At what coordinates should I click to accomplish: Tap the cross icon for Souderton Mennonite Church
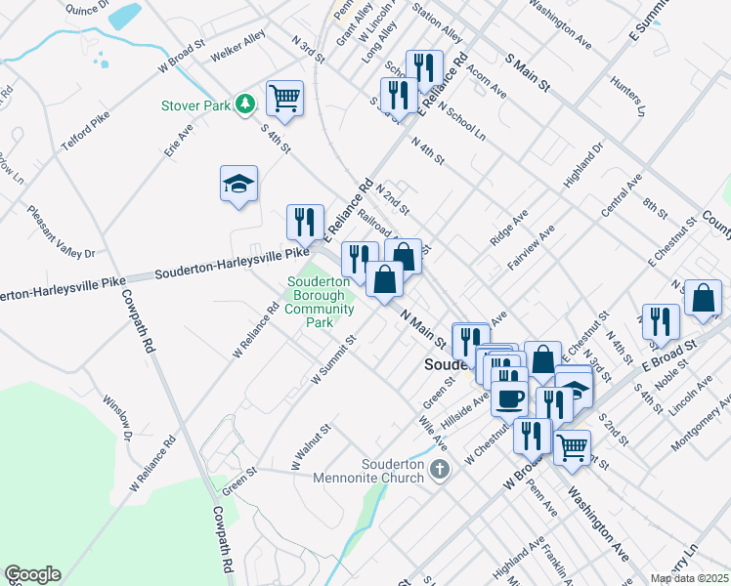point(439,470)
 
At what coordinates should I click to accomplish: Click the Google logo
point(32,574)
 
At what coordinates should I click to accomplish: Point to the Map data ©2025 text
point(688,578)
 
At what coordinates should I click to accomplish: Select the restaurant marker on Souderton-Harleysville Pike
point(304,222)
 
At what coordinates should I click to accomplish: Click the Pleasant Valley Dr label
point(61,232)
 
